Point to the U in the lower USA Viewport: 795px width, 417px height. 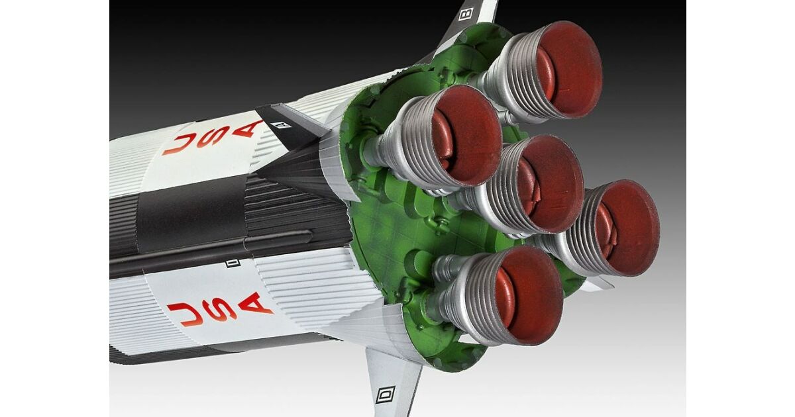point(185,314)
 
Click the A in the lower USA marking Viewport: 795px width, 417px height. point(255,304)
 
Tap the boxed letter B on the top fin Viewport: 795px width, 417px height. point(466,14)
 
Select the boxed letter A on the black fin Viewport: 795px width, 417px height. point(280,124)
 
